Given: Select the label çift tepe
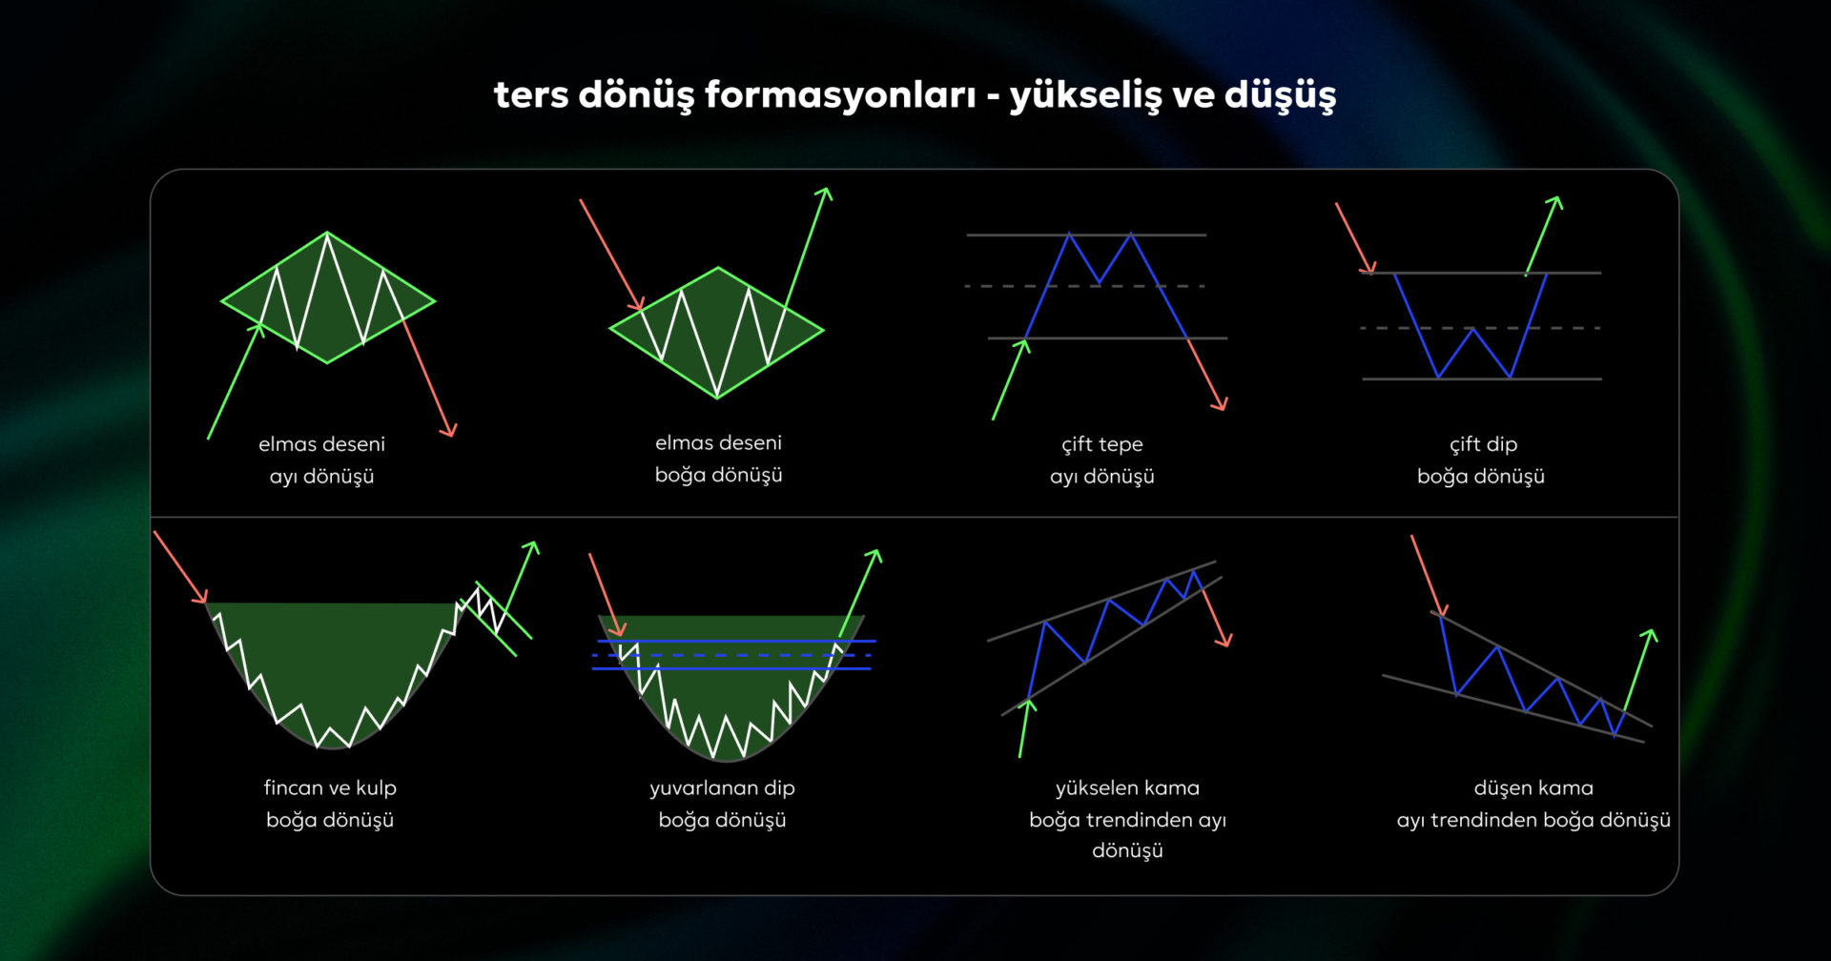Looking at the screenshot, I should pos(1101,444).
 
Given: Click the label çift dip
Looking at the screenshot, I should pos(1483,444).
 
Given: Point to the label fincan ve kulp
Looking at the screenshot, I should pos(330,788).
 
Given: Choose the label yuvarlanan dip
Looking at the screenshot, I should pos(722,788).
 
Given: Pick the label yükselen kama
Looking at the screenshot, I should pos(1127,788).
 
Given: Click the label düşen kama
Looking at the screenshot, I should pos(1533,788).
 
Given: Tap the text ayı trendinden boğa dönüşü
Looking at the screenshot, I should pos(1533,820).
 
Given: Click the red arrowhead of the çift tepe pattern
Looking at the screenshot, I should pos(1221,404).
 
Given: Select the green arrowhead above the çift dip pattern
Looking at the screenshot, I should pos(1555,201).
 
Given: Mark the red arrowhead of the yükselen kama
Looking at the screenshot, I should pos(1225,641).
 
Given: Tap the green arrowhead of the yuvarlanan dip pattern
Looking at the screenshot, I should pos(875,555).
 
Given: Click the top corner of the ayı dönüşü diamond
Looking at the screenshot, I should pos(327,233).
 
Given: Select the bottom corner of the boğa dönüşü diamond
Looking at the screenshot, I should pos(717,397).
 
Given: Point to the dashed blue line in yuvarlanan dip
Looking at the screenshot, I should pos(730,656).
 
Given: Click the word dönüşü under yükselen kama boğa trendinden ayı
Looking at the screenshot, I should pos(1127,850).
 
